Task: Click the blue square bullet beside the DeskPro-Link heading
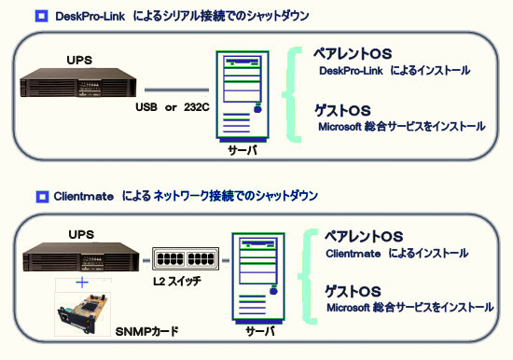tap(42, 16)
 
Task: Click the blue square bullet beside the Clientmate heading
tap(42, 197)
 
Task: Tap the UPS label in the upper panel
tap(79, 61)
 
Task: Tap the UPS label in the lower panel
tap(81, 235)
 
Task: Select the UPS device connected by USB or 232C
tap(78, 82)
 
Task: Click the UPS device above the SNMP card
tap(81, 257)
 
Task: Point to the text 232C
tap(196, 107)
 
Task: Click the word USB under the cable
tap(146, 107)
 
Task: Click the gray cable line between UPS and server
tap(176, 90)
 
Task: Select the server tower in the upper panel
tap(243, 96)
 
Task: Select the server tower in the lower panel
tap(258, 278)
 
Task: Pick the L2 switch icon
tap(186, 258)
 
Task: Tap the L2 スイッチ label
tap(177, 281)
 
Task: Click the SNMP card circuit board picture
tap(82, 314)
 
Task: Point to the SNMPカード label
tap(146, 331)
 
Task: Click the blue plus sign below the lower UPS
tap(82, 283)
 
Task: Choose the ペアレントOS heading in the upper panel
tap(353, 54)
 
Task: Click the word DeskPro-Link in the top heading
tap(90, 17)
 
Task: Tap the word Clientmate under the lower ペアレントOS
tap(353, 254)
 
